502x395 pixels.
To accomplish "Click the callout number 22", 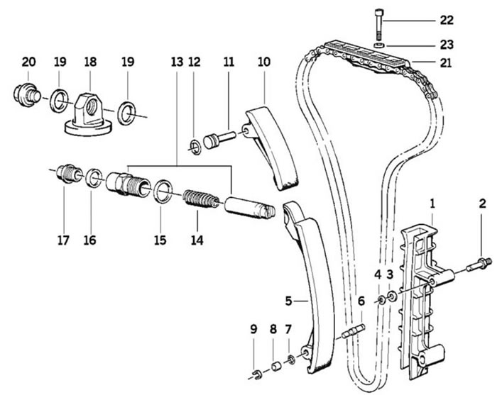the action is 447,21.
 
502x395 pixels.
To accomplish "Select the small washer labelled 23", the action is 380,45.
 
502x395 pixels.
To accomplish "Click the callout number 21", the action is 446,63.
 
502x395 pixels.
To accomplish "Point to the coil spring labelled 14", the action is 201,199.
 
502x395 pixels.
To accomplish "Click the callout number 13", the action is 177,62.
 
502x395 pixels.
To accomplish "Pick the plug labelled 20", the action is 27,94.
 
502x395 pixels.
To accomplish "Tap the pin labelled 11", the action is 219,139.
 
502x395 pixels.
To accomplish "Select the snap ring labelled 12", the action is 195,147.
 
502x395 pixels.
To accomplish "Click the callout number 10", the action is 264,62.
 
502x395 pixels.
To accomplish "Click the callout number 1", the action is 432,204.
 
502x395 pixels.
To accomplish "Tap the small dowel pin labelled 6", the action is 353,330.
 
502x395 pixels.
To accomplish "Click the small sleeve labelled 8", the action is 276,366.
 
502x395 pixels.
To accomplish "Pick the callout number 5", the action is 288,301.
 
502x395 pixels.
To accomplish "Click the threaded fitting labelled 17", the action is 68,174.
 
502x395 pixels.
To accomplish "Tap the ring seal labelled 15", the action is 163,191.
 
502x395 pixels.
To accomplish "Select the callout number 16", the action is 90,240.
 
